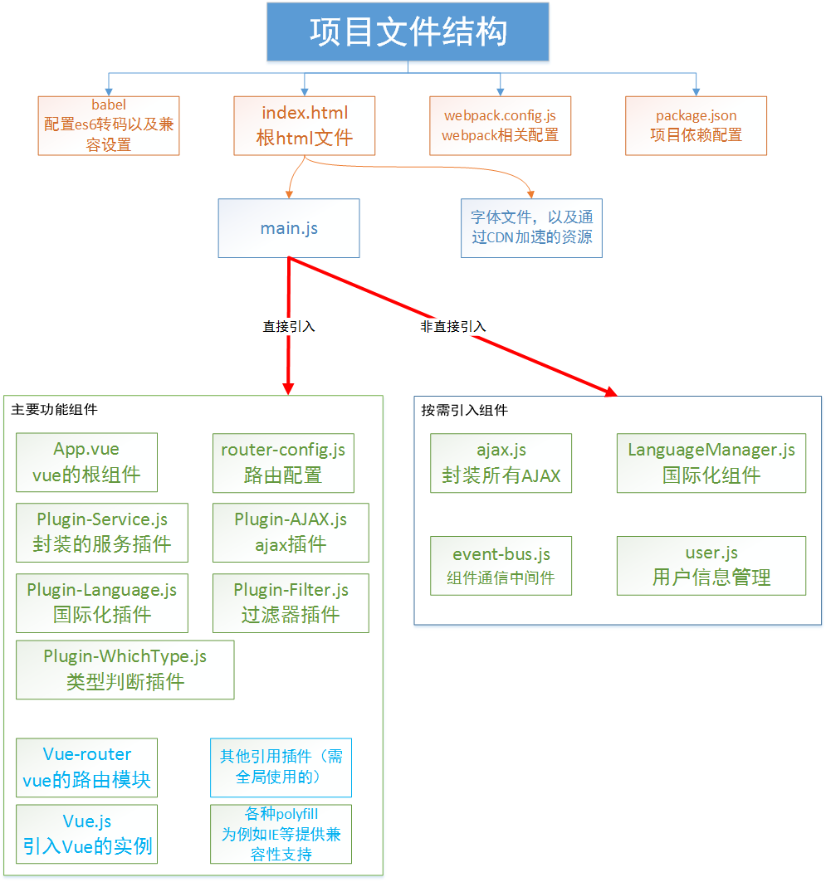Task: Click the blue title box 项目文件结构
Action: click(x=408, y=32)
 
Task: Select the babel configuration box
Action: click(x=109, y=125)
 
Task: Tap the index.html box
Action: click(x=305, y=125)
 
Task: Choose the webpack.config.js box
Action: click(x=500, y=125)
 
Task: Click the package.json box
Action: click(x=696, y=125)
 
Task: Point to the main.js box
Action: click(x=289, y=227)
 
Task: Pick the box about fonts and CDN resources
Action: click(x=531, y=227)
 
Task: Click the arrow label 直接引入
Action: click(x=289, y=327)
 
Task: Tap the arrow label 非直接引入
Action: click(x=453, y=327)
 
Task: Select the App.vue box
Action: click(x=86, y=462)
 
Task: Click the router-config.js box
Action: click(x=283, y=462)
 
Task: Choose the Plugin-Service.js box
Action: click(x=102, y=532)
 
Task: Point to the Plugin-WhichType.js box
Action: click(x=125, y=670)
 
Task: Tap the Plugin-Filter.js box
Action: click(x=291, y=602)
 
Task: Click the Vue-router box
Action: click(x=87, y=767)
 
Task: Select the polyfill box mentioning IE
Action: click(x=281, y=834)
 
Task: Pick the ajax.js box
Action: click(x=501, y=463)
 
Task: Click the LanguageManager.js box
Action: click(x=711, y=463)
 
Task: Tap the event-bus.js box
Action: click(x=501, y=566)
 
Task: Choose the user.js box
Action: click(x=711, y=566)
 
